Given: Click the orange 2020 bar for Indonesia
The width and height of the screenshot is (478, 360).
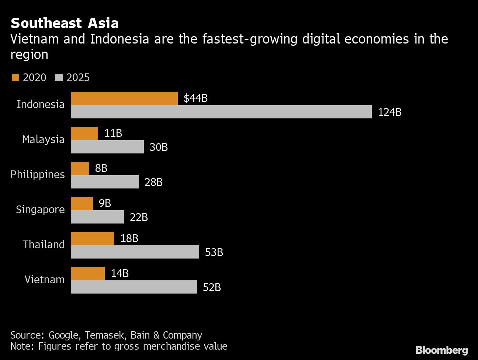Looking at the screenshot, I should [x=124, y=98].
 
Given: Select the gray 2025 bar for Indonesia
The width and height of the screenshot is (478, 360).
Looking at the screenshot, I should [x=221, y=112].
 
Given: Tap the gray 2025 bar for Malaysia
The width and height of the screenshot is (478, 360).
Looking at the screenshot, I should [x=107, y=147].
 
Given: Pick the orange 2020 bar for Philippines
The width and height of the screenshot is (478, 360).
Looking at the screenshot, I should [x=80, y=169].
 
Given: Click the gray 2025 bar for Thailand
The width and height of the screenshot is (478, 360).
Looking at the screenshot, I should [x=135, y=252].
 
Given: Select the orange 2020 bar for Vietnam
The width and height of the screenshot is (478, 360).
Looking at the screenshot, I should [x=87, y=274].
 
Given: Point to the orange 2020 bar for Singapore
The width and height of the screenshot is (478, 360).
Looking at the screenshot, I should [x=82, y=204].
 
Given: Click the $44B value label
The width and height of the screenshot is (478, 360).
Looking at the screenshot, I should [x=195, y=98].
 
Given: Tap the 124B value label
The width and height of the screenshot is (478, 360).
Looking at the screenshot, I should [x=389, y=112].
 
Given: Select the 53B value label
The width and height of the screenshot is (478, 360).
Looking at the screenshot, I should [x=214, y=252].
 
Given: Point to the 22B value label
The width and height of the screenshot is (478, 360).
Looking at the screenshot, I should [x=139, y=217].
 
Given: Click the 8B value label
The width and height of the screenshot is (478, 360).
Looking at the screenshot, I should [x=101, y=168].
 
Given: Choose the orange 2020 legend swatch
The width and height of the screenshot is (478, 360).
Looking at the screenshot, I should [x=15, y=77].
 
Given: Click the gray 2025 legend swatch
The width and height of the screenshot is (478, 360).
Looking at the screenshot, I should [x=59, y=77].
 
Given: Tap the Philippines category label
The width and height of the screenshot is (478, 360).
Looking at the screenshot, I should [x=38, y=174].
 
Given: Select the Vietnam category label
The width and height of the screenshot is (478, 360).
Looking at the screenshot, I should [x=45, y=280].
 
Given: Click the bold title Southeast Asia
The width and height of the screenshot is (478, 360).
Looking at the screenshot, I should [x=65, y=23].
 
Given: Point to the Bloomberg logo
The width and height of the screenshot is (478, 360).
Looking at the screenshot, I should [x=441, y=350].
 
